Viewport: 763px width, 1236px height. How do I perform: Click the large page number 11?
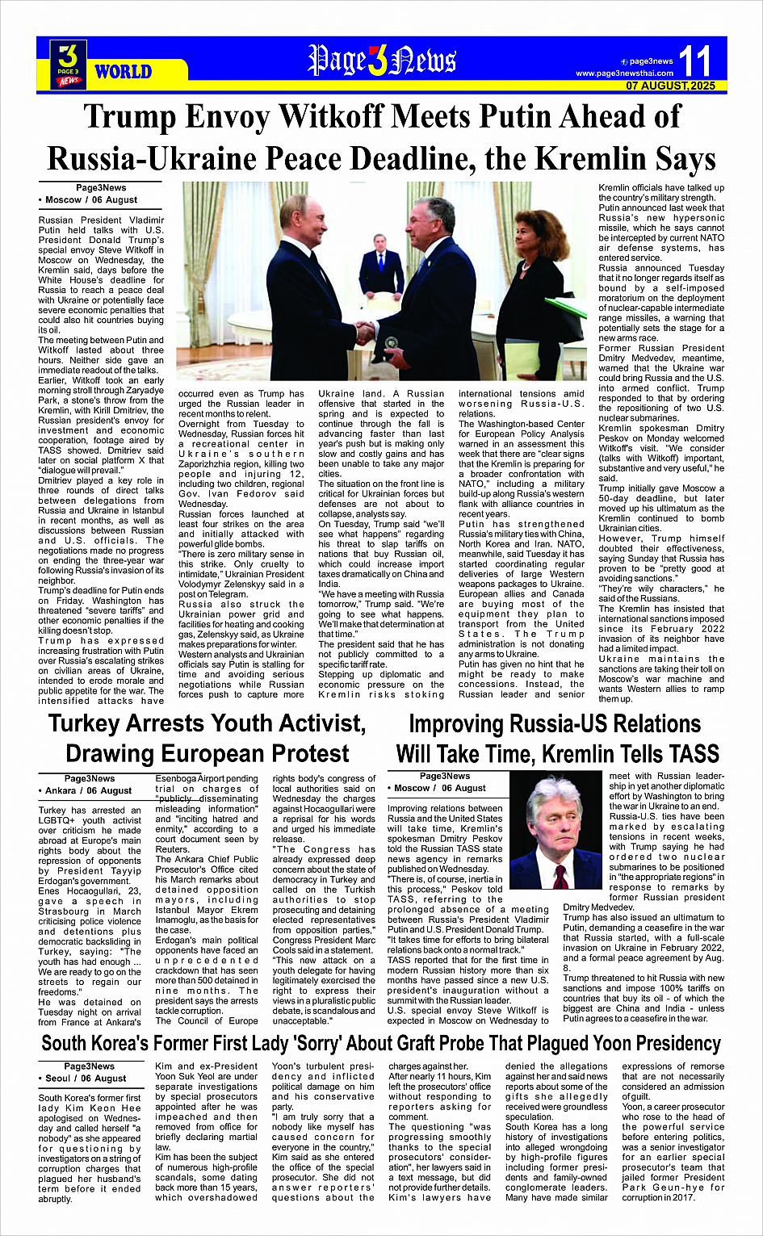pyautogui.click(x=695, y=61)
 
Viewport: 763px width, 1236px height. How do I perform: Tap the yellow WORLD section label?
pyautogui.click(x=123, y=72)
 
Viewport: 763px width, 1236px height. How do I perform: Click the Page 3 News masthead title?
pyautogui.click(x=381, y=61)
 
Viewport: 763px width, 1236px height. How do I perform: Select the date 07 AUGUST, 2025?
pyautogui.click(x=670, y=86)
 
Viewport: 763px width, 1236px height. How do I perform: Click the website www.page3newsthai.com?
pyautogui.click(x=624, y=73)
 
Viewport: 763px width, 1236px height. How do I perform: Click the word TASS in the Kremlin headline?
pyautogui.click(x=683, y=754)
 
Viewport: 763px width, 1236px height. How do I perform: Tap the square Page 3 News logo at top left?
pyautogui.click(x=69, y=64)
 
